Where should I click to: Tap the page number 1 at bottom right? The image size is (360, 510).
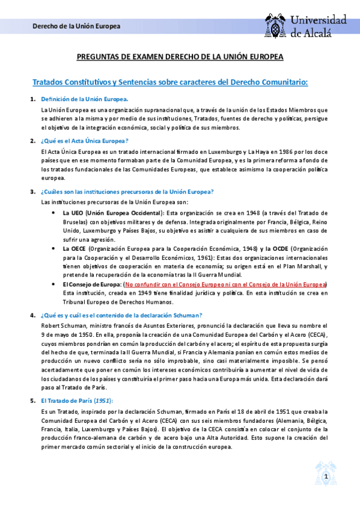pos(325,477)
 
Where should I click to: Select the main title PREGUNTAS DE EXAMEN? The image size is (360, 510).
pos(180,57)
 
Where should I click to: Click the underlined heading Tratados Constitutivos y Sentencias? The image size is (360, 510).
pos(169,81)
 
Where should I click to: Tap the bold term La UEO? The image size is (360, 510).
pos(73,213)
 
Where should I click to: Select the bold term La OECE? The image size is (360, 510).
pos(75,248)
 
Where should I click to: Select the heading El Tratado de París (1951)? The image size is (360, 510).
pos(76,401)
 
